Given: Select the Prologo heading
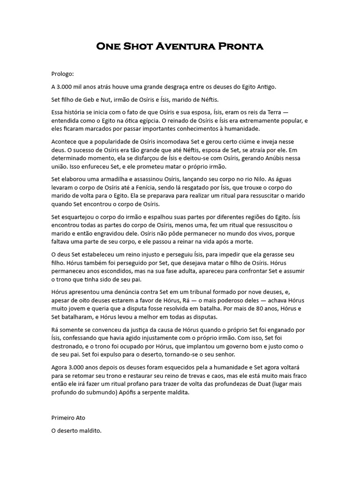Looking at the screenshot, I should pos(63,74).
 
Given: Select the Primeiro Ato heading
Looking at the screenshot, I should pos(68,417).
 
